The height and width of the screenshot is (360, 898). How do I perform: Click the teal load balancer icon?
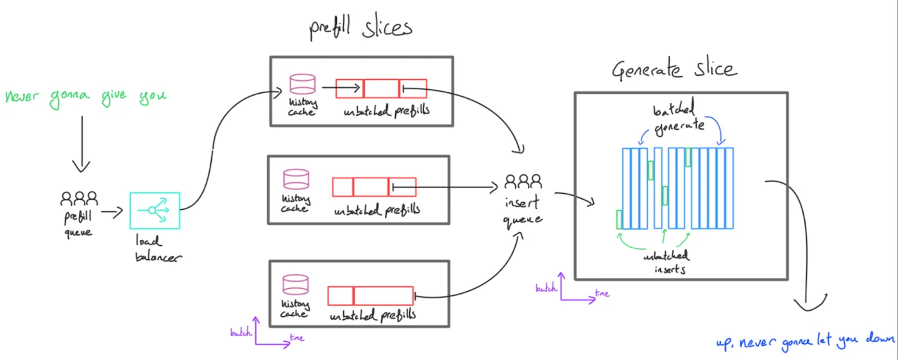pyautogui.click(x=155, y=210)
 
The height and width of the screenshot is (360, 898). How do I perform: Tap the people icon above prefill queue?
pyautogui.click(x=80, y=198)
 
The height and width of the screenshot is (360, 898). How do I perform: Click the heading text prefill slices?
pyautogui.click(x=360, y=29)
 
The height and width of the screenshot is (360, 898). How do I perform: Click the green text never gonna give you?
pyautogui.click(x=85, y=97)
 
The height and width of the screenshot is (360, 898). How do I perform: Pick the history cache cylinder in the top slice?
pyautogui.click(x=302, y=83)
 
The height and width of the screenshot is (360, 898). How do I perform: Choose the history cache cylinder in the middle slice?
pyautogui.click(x=296, y=178)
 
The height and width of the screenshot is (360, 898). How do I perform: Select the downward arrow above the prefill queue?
pyautogui.click(x=81, y=146)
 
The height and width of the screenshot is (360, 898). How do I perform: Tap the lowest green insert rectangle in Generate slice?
pyautogui.click(x=619, y=219)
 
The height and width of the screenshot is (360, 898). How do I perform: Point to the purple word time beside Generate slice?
pyautogui.click(x=602, y=294)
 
